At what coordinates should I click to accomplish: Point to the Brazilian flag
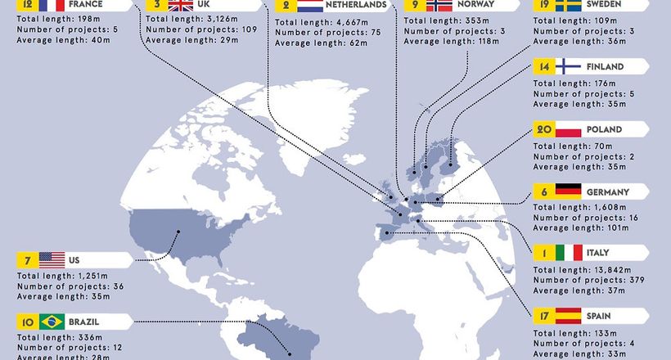click(52, 322)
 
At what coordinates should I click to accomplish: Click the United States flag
click(52, 260)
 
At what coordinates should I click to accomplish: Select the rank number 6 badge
click(543, 191)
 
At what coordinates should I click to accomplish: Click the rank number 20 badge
click(543, 129)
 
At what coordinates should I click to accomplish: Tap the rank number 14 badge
click(543, 67)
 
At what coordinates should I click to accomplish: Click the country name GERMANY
click(608, 191)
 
